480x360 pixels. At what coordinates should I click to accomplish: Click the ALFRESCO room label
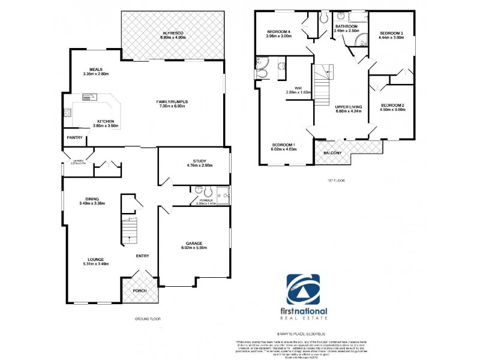(x=172, y=32)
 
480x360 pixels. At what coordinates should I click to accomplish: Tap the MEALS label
(x=95, y=69)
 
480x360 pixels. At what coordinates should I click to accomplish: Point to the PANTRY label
(x=74, y=137)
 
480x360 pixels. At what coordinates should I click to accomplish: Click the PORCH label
(x=139, y=291)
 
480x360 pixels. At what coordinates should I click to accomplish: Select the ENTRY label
(x=142, y=256)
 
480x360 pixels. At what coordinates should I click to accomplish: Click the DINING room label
(x=92, y=199)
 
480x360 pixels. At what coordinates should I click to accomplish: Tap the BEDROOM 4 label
(x=278, y=31)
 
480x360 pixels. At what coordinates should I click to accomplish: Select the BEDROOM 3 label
(x=390, y=33)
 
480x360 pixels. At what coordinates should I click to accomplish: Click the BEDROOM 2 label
(x=392, y=106)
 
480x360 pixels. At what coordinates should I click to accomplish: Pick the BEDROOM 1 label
(x=284, y=145)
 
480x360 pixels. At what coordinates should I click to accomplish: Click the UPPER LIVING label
(x=347, y=106)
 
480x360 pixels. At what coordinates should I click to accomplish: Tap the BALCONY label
(x=334, y=153)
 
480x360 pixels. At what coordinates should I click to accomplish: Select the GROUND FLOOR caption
(x=147, y=319)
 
